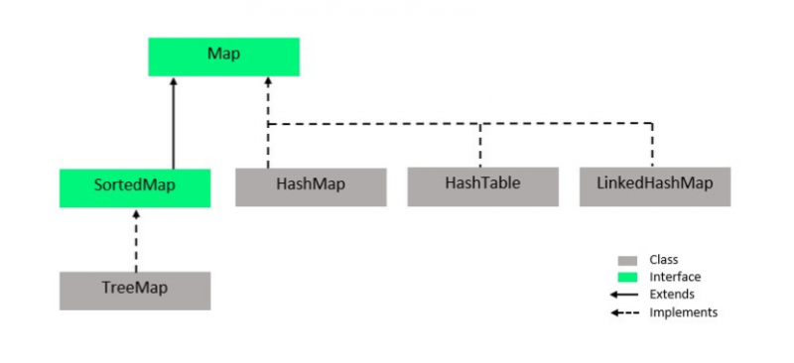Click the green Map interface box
(223, 57)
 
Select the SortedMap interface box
(135, 187)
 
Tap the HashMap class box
(311, 186)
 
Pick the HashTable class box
(482, 186)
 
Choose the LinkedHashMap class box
(655, 186)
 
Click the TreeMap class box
(135, 290)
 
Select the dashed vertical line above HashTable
(481, 146)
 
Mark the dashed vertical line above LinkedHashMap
(653, 146)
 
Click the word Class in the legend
(663, 260)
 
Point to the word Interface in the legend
(673, 277)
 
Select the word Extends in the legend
(672, 295)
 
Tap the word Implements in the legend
(683, 311)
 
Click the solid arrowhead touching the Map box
(174, 82)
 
